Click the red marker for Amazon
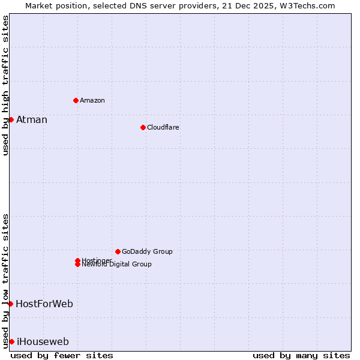[76, 100]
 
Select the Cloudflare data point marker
[143, 127]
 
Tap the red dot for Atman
[11, 119]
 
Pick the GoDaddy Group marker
[118, 251]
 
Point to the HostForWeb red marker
[10, 304]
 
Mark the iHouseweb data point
[11, 341]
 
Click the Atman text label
[32, 119]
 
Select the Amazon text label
[92, 100]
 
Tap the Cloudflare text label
[163, 127]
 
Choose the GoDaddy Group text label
[147, 251]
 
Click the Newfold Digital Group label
[117, 265]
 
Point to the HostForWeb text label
[44, 304]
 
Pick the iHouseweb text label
[43, 341]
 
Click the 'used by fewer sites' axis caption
[62, 355]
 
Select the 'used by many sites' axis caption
[301, 355]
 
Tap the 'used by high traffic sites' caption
[5, 85]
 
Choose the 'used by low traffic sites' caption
[5, 281]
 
